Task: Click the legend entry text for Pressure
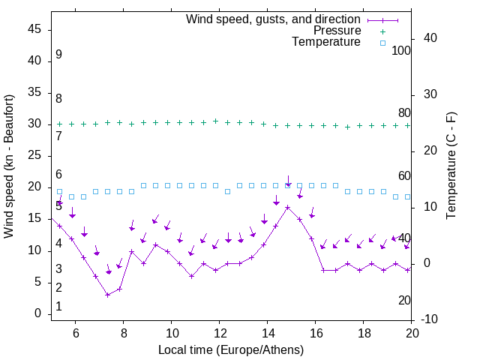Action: point(337,31)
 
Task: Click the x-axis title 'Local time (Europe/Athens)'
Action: point(231,349)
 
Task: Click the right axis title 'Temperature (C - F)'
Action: point(451,166)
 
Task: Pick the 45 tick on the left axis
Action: point(35,29)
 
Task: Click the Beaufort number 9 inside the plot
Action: point(58,55)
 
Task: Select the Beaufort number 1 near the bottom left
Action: point(58,307)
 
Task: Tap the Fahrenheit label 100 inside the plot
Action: point(402,50)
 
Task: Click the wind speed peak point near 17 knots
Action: point(287,207)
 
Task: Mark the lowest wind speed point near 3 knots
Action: point(107,295)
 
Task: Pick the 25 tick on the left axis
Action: point(35,155)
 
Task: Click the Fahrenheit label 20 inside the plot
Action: point(404,301)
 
